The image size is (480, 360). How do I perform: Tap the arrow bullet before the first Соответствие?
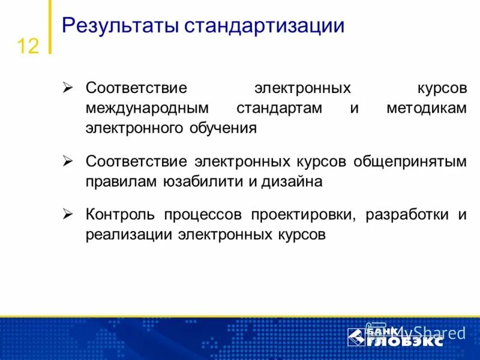[x=68, y=88]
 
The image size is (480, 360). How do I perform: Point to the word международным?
[x=147, y=108]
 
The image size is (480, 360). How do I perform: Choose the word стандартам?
[x=279, y=108]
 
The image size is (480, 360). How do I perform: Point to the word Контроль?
[x=121, y=215]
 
